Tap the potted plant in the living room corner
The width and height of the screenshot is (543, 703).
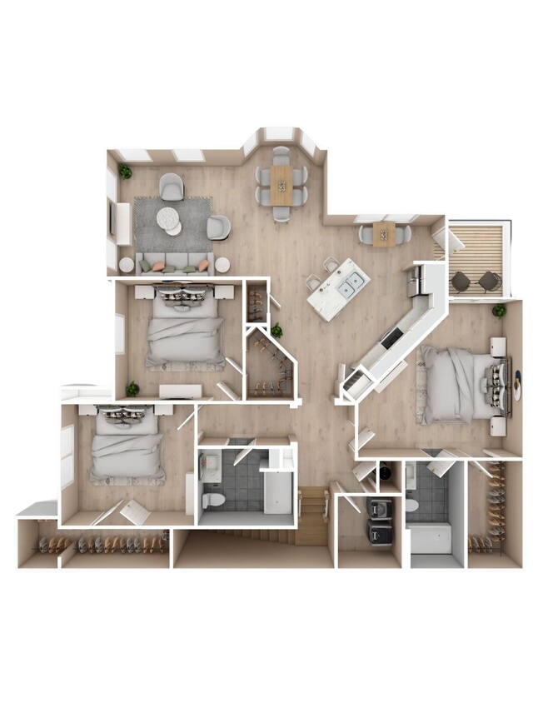pos(125,171)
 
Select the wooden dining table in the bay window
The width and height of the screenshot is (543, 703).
pos(281,184)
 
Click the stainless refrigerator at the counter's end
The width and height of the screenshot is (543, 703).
pos(417,282)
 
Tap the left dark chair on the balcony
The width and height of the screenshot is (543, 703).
pos(461,282)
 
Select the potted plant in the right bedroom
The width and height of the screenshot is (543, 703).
pos(499,311)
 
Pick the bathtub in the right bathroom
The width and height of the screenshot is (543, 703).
pos(431,538)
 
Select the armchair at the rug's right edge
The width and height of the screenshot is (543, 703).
pos(217,227)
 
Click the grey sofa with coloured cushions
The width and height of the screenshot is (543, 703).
pos(173,263)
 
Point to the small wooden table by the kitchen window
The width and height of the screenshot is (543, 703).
pos(384,233)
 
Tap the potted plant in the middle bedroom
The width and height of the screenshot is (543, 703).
pos(132,388)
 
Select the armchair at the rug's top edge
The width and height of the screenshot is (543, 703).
pos(171,187)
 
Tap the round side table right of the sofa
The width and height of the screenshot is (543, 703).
pos(222,265)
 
